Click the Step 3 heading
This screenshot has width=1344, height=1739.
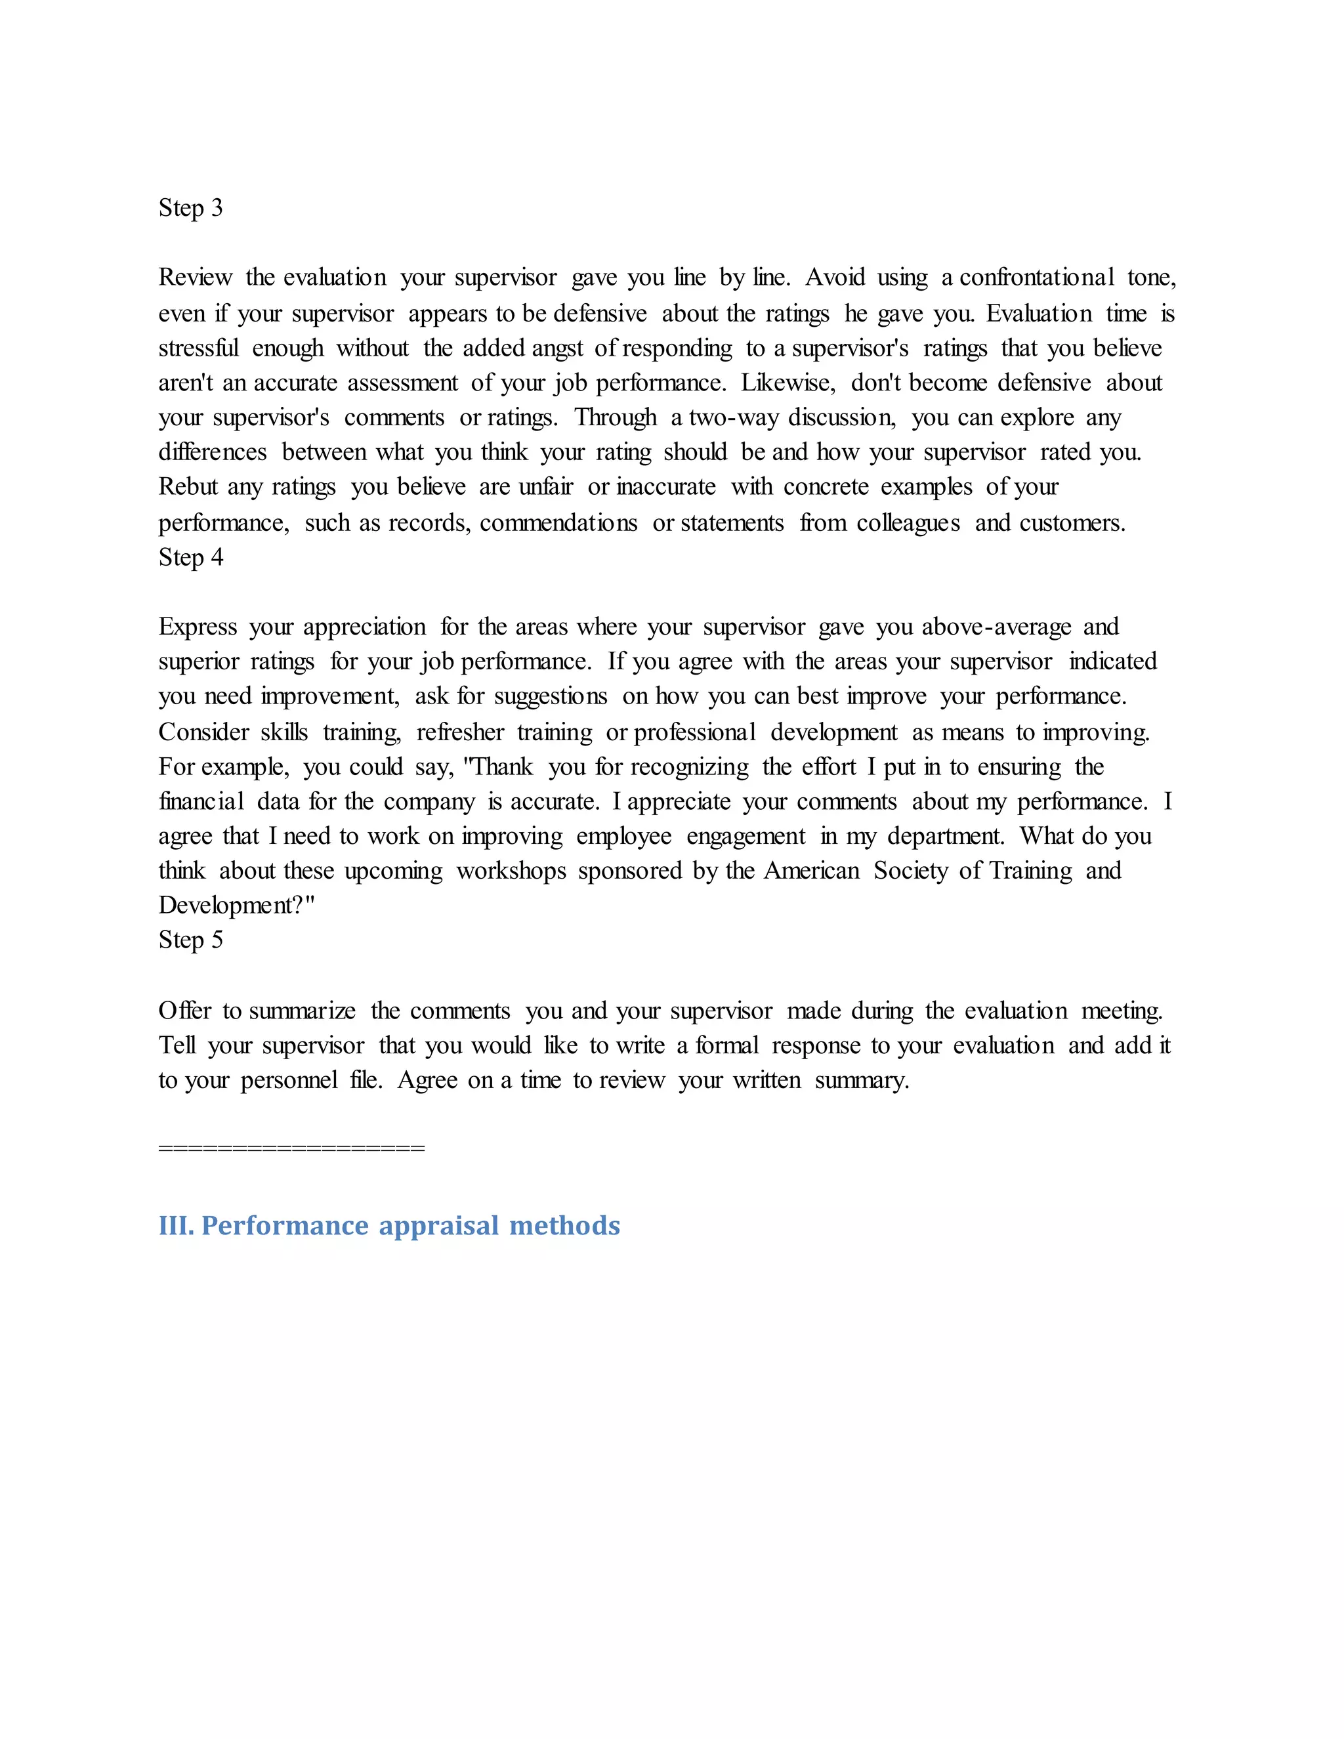pyautogui.click(x=190, y=208)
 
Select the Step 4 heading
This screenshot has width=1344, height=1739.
pyautogui.click(x=190, y=557)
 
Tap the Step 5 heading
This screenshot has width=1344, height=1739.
pyautogui.click(x=190, y=940)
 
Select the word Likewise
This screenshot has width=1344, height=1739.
pyautogui.click(x=788, y=383)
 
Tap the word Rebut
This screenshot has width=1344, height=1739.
pyautogui.click(x=187, y=486)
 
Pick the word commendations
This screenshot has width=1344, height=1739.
pyautogui.click(x=558, y=522)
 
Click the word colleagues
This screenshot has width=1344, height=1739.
pyautogui.click(x=908, y=522)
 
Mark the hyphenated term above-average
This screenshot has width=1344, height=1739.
pyautogui.click(x=996, y=627)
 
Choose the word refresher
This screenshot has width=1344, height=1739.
pyautogui.click(x=460, y=732)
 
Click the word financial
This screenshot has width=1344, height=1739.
pyautogui.click(x=201, y=801)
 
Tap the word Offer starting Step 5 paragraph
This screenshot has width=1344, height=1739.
pyautogui.click(x=184, y=1011)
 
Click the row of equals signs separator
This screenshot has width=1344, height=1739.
pyautogui.click(x=291, y=1148)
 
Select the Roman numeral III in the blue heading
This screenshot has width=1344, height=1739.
pyautogui.click(x=176, y=1225)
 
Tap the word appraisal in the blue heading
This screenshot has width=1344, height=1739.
pyautogui.click(x=440, y=1225)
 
